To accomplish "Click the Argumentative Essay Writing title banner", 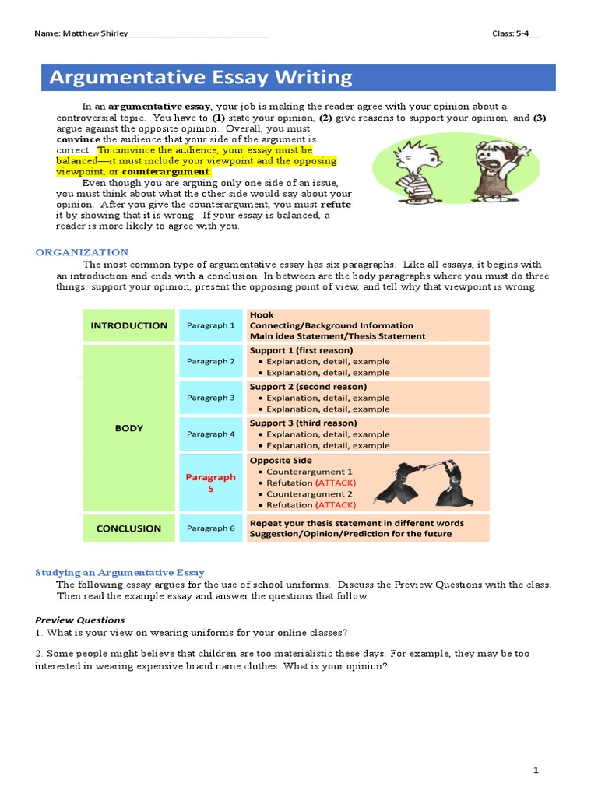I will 298,78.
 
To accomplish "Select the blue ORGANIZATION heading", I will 82,252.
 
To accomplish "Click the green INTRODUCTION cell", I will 129,325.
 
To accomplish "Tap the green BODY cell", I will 129,427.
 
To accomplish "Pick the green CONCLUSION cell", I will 129,528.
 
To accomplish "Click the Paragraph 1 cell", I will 211,325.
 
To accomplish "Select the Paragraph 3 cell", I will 211,398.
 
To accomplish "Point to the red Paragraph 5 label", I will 211,483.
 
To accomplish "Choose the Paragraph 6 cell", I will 211,528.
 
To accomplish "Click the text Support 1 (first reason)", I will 301,350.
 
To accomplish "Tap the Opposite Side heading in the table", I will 280,460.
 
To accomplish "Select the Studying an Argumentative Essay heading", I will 120,572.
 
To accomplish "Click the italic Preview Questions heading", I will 79,620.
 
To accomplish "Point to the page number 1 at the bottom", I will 536,771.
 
